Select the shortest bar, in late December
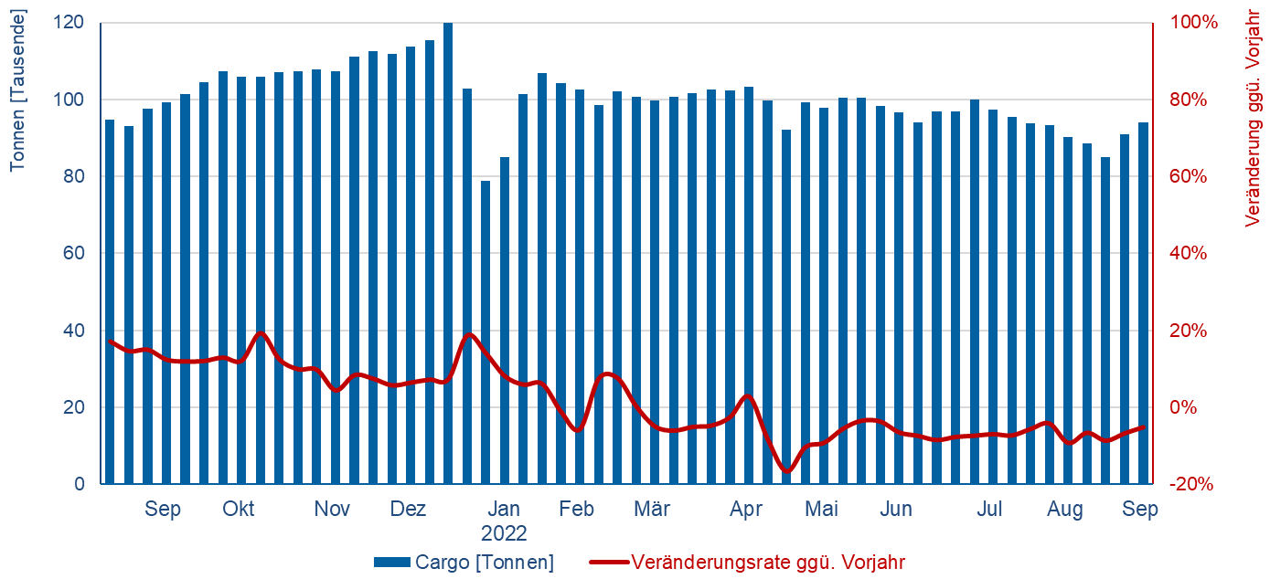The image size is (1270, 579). (x=486, y=332)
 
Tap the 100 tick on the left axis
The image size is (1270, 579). (x=72, y=100)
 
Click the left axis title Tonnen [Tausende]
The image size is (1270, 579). (x=17, y=89)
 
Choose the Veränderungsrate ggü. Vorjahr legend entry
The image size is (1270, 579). (x=768, y=563)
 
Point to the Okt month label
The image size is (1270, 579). (x=239, y=510)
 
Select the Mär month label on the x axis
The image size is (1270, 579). (x=652, y=510)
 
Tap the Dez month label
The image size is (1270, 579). (x=409, y=510)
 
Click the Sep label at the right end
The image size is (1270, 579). (x=1140, y=510)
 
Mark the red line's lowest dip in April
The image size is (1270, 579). (x=786, y=471)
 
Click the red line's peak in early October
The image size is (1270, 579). (x=260, y=333)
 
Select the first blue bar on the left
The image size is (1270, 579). (x=110, y=301)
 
